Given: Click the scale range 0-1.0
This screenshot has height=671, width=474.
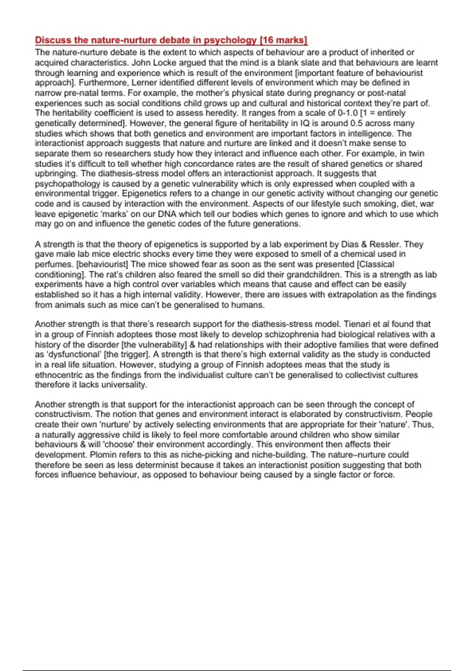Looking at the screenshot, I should (x=348, y=113).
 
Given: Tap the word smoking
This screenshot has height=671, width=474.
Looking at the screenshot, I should (x=380, y=204).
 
